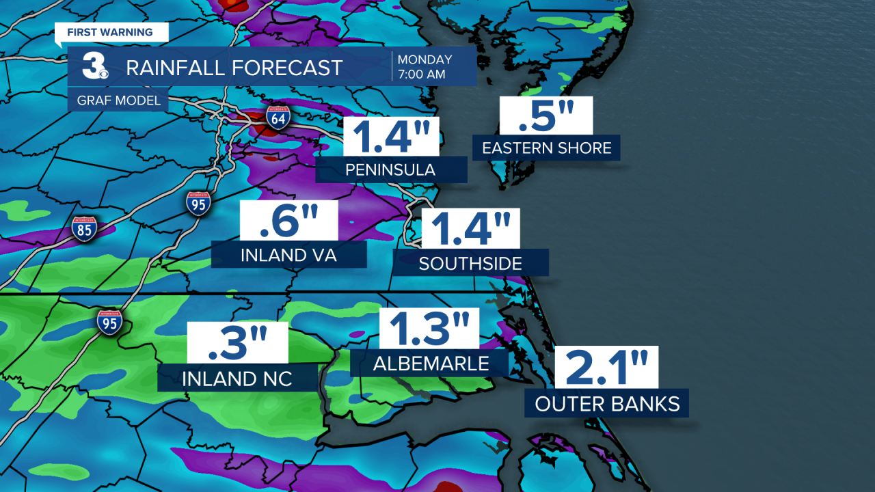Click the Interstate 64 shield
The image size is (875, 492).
tap(278, 118)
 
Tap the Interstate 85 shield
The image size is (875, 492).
tap(84, 229)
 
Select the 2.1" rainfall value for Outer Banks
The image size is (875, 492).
tap(606, 368)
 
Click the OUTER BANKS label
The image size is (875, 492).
tap(607, 403)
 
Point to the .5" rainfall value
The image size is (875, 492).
tap(546, 115)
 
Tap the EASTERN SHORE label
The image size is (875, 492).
tap(546, 148)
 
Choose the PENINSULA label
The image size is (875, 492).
tap(391, 169)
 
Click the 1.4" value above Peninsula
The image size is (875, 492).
tap(390, 137)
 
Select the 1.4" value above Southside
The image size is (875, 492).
tap(470, 229)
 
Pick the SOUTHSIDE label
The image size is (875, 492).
tap(470, 263)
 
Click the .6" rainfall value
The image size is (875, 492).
tap(289, 221)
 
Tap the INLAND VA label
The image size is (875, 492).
tap(289, 255)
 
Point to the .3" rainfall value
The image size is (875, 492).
tap(237, 344)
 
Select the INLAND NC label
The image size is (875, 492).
tap(237, 378)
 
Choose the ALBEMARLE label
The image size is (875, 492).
tap(431, 364)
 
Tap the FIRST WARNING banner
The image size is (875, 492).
tap(110, 32)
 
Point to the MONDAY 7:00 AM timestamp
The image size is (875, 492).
tap(425, 66)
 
